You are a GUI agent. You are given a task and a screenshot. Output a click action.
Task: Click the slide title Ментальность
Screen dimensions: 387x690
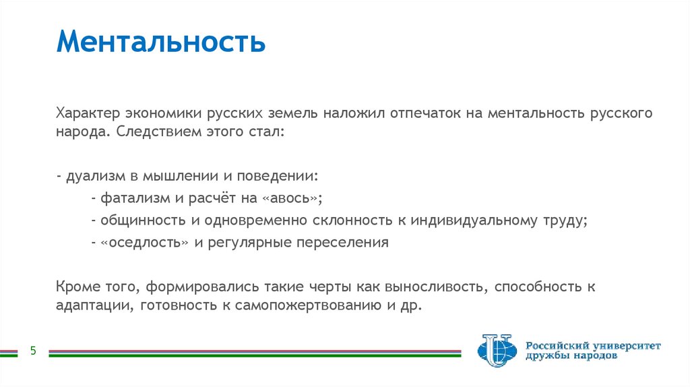[x=161, y=42]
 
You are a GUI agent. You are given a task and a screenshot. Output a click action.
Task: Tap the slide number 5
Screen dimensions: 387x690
[x=32, y=351]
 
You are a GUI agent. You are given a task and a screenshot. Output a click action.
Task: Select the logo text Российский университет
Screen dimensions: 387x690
[x=593, y=345]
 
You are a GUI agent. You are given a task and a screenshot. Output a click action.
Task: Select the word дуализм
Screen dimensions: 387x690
[x=92, y=176]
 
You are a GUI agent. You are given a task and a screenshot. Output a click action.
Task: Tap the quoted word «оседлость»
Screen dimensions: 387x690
[x=144, y=243]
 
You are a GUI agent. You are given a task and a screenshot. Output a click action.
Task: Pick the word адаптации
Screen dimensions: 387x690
[x=94, y=305]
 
